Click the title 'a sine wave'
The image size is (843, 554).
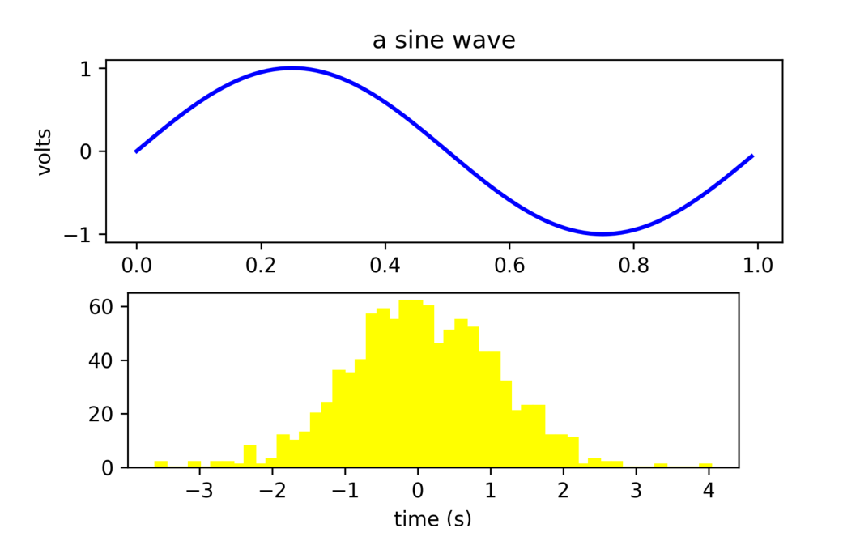tap(443, 40)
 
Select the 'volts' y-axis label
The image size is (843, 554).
tap(45, 151)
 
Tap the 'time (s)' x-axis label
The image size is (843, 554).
tap(432, 518)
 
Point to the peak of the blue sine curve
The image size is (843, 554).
tap(292, 68)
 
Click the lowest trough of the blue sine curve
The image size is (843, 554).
tap(603, 234)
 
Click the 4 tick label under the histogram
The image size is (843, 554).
tap(708, 492)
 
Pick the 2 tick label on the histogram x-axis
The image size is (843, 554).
tap(562, 492)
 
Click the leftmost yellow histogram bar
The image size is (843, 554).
tap(161, 464)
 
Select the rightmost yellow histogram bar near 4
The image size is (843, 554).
tap(706, 466)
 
